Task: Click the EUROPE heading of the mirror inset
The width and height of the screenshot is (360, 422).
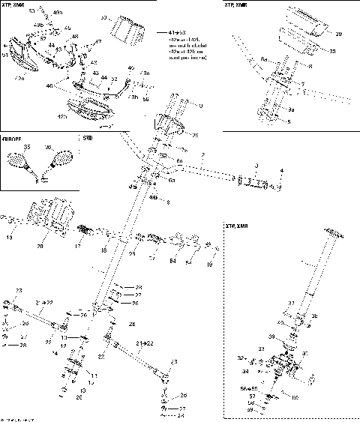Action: point(12,139)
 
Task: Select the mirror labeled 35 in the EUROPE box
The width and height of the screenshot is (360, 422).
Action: point(19,160)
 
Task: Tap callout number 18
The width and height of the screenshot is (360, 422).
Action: point(104,249)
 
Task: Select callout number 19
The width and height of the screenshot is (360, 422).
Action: point(209,265)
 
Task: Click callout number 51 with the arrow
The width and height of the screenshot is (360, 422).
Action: point(6,54)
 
